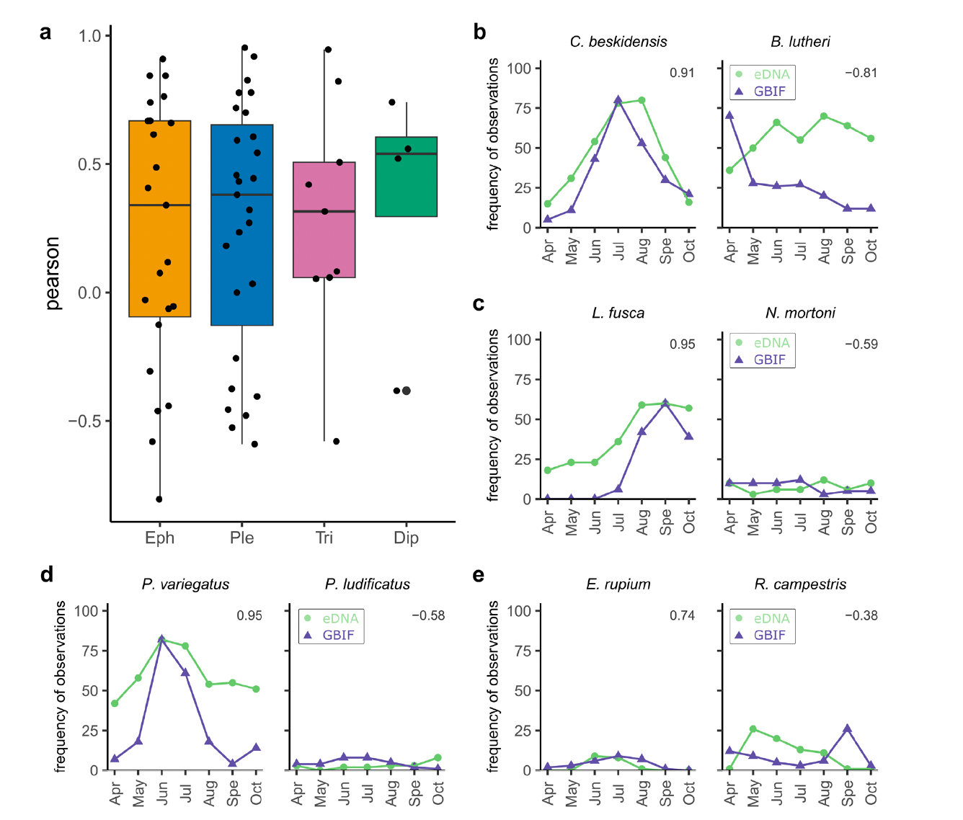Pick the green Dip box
pyautogui.click(x=407, y=177)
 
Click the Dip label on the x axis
pyautogui.click(x=407, y=538)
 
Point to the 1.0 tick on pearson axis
pyautogui.click(x=90, y=36)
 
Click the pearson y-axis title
pyautogui.click(x=53, y=273)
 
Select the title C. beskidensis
pyautogui.click(x=618, y=42)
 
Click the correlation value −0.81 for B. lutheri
pyautogui.click(x=861, y=73)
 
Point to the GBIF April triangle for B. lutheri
pyautogui.click(x=729, y=115)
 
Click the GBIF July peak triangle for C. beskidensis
pyautogui.click(x=618, y=100)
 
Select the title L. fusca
pyautogui.click(x=618, y=313)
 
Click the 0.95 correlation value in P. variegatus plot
pyautogui.click(x=249, y=615)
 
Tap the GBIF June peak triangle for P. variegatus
pyautogui.click(x=161, y=639)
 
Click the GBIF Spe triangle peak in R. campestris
pyautogui.click(x=848, y=728)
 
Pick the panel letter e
pyautogui.click(x=479, y=575)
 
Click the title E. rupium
pyautogui.click(x=618, y=584)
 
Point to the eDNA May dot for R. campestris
pyautogui.click(x=753, y=729)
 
